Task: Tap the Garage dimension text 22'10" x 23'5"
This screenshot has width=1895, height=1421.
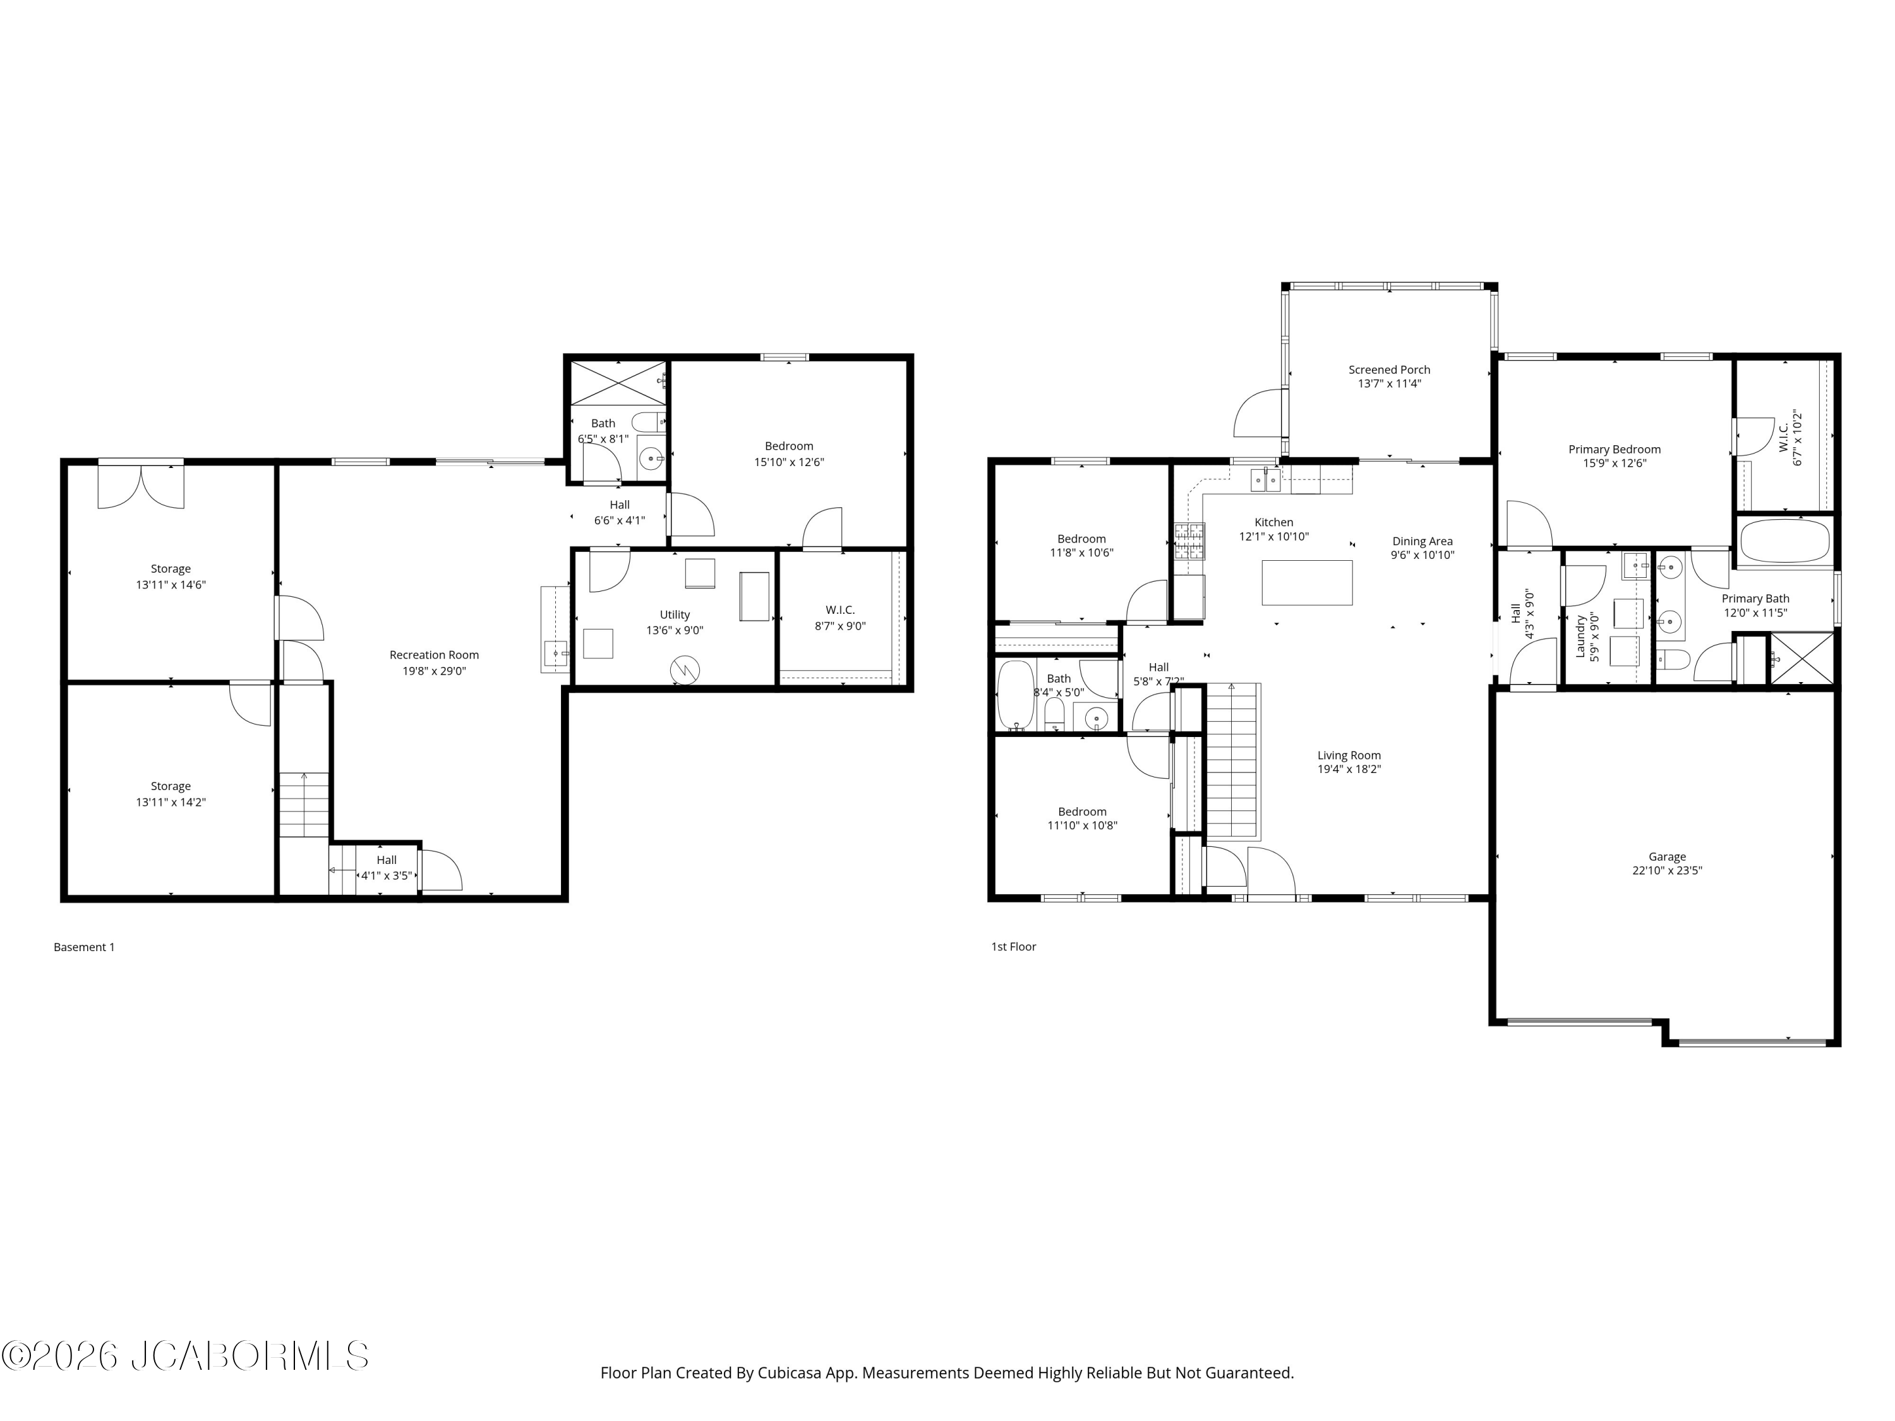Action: (x=1667, y=870)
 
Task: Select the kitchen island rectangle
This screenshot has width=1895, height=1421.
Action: (x=1308, y=582)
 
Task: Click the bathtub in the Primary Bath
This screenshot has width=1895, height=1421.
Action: (x=1785, y=541)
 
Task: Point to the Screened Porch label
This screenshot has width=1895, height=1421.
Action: (x=1390, y=370)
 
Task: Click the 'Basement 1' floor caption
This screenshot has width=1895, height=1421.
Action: (x=84, y=947)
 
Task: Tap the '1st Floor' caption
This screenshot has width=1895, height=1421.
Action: (x=1013, y=947)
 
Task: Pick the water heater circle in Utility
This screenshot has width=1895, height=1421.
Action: (x=685, y=670)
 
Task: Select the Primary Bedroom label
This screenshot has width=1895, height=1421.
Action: (x=1615, y=450)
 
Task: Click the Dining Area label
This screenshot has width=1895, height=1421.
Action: (x=1422, y=541)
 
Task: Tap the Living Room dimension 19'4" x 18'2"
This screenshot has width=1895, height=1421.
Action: (x=1349, y=769)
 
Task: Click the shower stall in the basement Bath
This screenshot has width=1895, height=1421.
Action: (x=618, y=383)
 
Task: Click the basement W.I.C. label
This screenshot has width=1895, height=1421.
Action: (x=840, y=610)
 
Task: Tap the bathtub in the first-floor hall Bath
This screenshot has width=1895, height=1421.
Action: (x=1016, y=695)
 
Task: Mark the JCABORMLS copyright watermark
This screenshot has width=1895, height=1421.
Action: (x=185, y=1356)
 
